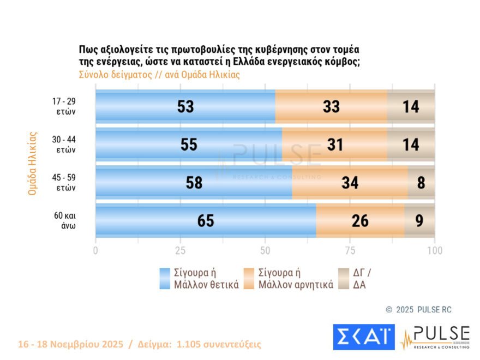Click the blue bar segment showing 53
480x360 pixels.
[x=185, y=106]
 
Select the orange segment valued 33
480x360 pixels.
[x=331, y=106]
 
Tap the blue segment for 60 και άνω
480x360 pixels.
[x=206, y=221]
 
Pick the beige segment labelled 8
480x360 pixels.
[x=421, y=183]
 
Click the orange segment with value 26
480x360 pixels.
[x=360, y=221]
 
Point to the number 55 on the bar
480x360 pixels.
[x=188, y=145]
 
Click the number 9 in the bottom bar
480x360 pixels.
[x=419, y=221]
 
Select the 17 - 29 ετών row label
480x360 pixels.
[x=64, y=106]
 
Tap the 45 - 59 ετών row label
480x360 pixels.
[x=64, y=183]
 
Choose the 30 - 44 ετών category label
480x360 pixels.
[x=64, y=145]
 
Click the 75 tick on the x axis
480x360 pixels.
[x=350, y=250]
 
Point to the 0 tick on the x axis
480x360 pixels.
[x=96, y=250]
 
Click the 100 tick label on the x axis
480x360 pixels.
[x=435, y=250]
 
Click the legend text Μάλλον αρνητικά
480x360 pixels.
[x=296, y=284]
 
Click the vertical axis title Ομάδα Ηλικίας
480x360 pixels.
[x=32, y=163]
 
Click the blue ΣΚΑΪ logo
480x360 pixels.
[x=363, y=337]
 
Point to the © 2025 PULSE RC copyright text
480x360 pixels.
[x=418, y=309]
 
